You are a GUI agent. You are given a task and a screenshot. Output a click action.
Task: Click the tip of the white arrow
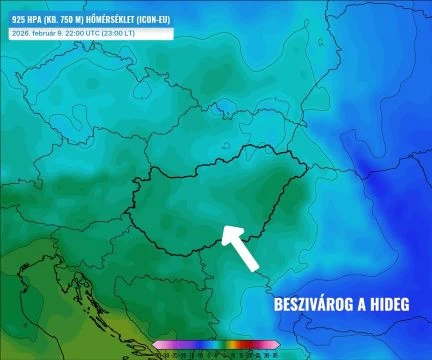click(225, 230)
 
